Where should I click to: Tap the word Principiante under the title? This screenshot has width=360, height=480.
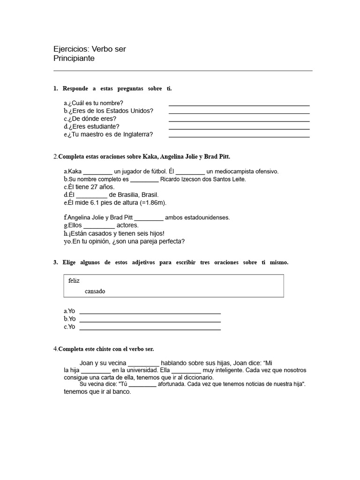75,59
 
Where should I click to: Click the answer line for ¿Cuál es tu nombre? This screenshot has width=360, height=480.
239,105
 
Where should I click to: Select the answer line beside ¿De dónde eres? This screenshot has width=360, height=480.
239,121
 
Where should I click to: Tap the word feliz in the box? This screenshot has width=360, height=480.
74,280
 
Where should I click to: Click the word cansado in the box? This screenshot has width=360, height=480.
95,291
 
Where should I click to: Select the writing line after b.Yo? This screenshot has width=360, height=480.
150,322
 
